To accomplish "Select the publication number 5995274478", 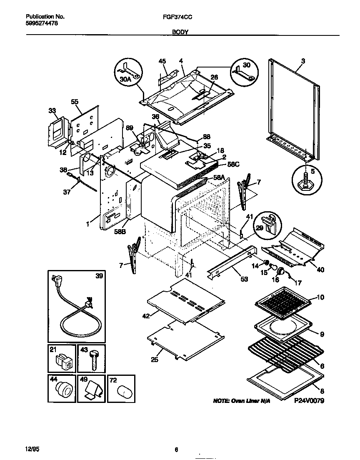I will (x=42, y=23).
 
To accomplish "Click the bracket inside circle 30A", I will (x=127, y=68).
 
